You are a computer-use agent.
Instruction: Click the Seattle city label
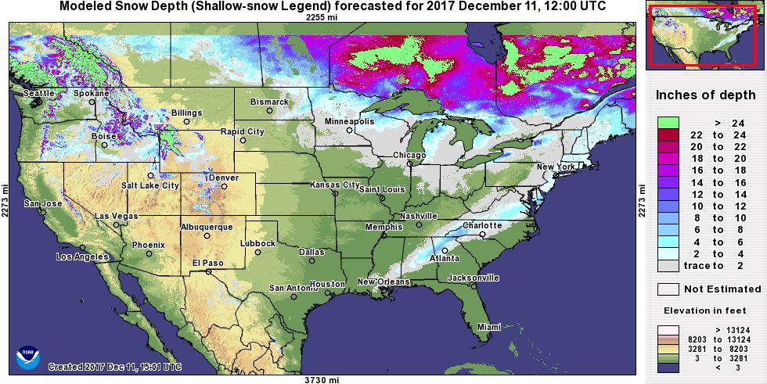click(x=39, y=93)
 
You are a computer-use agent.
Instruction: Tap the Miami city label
click(x=488, y=327)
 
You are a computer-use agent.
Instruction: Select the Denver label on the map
click(x=225, y=178)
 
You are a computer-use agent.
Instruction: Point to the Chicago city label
click(x=410, y=155)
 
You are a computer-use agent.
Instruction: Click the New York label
click(x=556, y=167)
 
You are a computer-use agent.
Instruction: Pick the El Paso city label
click(x=208, y=262)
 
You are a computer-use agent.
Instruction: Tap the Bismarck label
click(x=269, y=102)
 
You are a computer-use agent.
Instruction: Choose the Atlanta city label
click(x=445, y=258)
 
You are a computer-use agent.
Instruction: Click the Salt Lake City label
click(x=150, y=185)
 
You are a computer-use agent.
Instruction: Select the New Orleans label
click(x=384, y=282)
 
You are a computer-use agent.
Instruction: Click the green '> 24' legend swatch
click(x=668, y=123)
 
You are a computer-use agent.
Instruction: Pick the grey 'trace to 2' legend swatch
click(x=668, y=265)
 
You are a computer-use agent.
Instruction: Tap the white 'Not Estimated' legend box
click(x=668, y=289)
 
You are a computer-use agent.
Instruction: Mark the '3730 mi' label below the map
click(x=322, y=379)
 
